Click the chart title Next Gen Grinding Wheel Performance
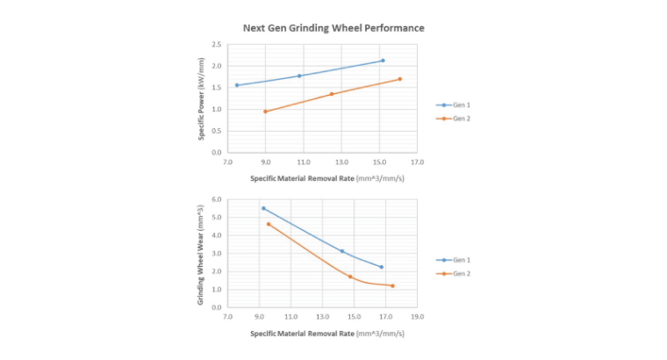point(333,28)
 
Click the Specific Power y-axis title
point(201,97)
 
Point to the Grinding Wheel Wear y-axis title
point(201,253)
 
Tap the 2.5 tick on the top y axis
point(216,45)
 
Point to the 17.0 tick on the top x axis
point(417,162)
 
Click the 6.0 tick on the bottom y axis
point(216,199)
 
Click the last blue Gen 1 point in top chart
point(383,61)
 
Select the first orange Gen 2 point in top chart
point(265,112)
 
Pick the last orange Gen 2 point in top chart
point(399,79)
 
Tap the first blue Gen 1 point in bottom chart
point(263,208)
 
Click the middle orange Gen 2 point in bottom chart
point(350,277)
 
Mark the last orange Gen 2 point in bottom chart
point(392,285)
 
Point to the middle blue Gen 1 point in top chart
point(299,76)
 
